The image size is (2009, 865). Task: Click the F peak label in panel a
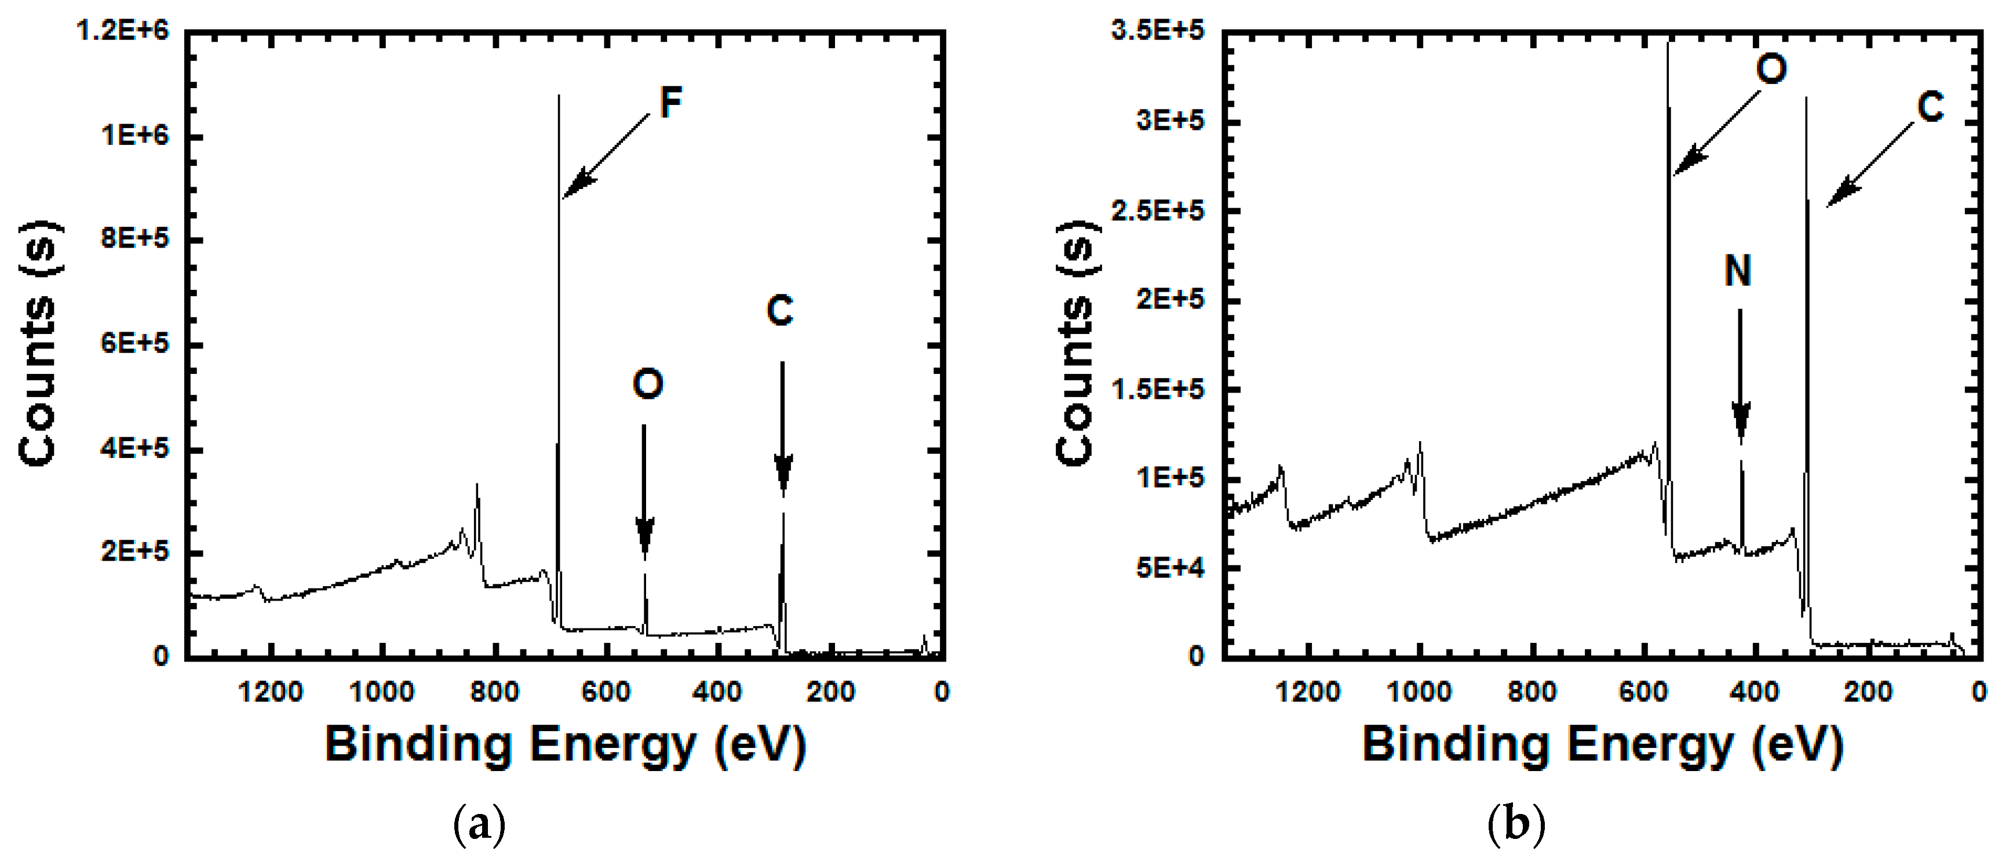[x=670, y=102]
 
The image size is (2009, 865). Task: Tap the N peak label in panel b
[x=1738, y=271]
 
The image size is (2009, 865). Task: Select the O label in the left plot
[x=648, y=384]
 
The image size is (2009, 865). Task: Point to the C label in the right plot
[x=1930, y=107]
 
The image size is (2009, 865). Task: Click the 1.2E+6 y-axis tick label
[x=123, y=31]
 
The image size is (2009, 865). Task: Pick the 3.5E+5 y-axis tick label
[x=1159, y=31]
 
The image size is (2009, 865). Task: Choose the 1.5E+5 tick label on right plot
[x=1159, y=389]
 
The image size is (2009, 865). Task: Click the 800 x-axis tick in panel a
[x=494, y=692]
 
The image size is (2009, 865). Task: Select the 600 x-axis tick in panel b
[x=1643, y=692]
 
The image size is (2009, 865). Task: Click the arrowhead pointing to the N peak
[x=1741, y=425]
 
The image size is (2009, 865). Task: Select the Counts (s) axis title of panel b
[x=1077, y=343]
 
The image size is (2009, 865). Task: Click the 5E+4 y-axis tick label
[x=1170, y=568]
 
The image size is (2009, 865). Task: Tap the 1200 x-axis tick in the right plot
[x=1308, y=692]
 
